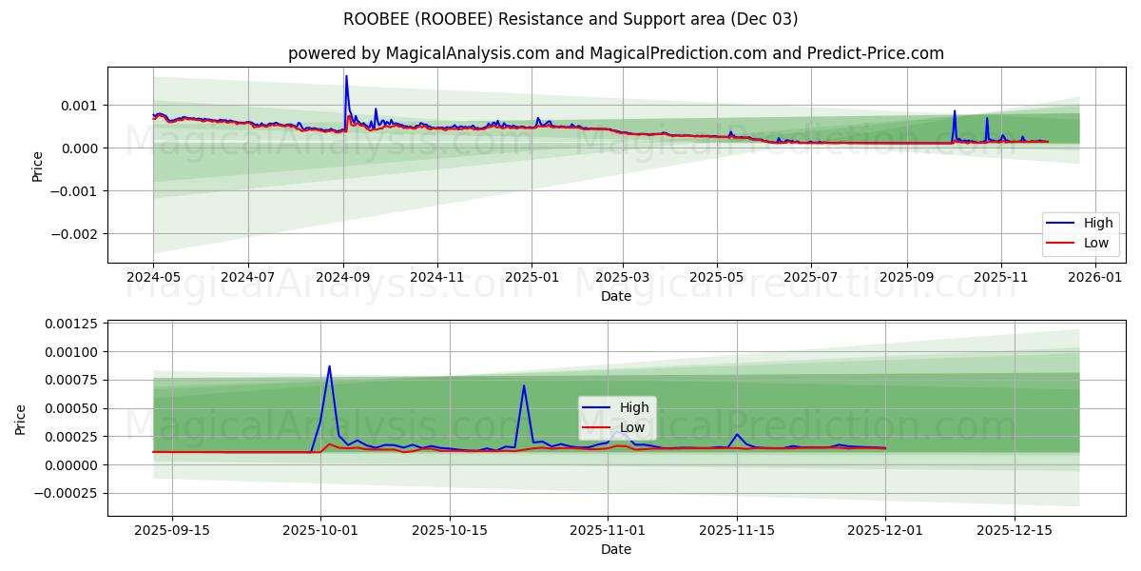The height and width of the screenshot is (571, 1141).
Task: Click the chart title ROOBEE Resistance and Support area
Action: click(570, 19)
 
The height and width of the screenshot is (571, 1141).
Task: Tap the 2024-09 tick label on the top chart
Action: click(343, 277)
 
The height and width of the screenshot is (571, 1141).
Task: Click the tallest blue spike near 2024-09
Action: click(346, 76)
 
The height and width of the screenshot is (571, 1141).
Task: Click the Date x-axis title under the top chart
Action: click(615, 296)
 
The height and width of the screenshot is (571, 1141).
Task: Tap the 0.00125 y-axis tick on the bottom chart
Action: click(70, 325)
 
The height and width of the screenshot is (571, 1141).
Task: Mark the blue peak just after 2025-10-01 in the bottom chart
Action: click(329, 366)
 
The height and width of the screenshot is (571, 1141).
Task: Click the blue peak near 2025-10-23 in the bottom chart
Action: click(524, 385)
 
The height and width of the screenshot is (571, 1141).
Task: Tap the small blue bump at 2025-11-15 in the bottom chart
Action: click(737, 434)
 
